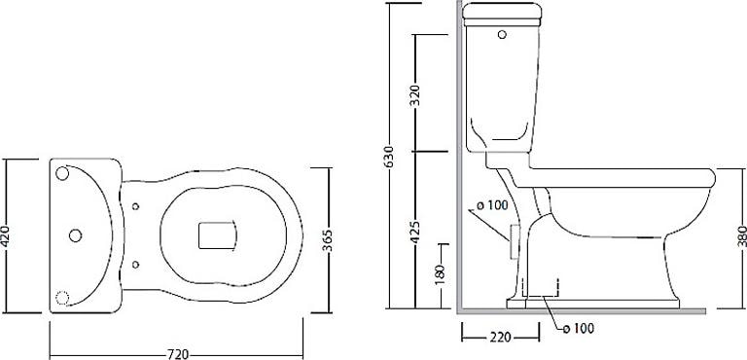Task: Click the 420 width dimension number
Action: [6, 235]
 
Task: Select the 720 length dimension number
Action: [177, 355]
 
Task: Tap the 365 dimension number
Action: [328, 241]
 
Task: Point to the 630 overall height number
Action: [390, 156]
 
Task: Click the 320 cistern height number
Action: [415, 96]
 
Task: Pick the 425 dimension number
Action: [415, 232]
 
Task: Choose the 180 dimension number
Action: [441, 272]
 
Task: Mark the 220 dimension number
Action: [500, 338]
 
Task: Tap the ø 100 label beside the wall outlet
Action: [492, 205]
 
